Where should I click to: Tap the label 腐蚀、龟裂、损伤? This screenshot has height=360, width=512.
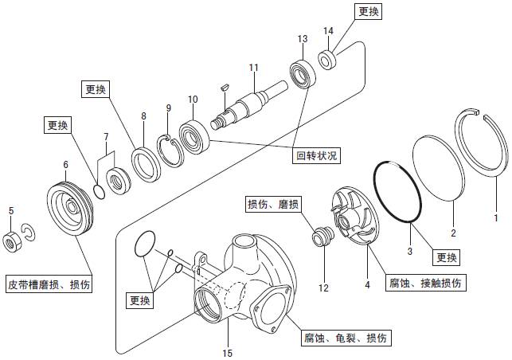coord(345,338)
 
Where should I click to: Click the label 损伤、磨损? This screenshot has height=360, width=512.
coord(273,205)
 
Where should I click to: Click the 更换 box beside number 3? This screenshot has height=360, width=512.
coord(448,257)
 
